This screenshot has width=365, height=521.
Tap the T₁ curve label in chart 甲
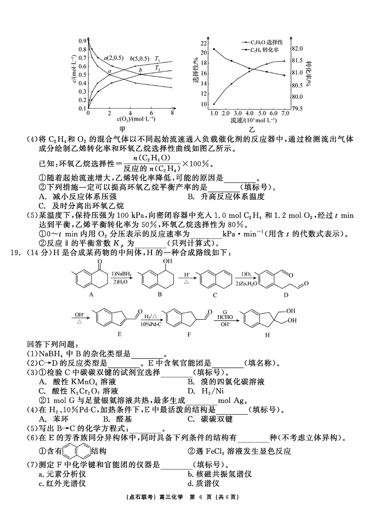tap(157, 59)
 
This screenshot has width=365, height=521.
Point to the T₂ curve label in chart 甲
tap(157, 69)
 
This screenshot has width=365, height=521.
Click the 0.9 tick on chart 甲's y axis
tap(82, 41)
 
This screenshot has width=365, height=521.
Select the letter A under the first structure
tap(91, 295)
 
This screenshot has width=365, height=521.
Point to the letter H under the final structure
tap(267, 334)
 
